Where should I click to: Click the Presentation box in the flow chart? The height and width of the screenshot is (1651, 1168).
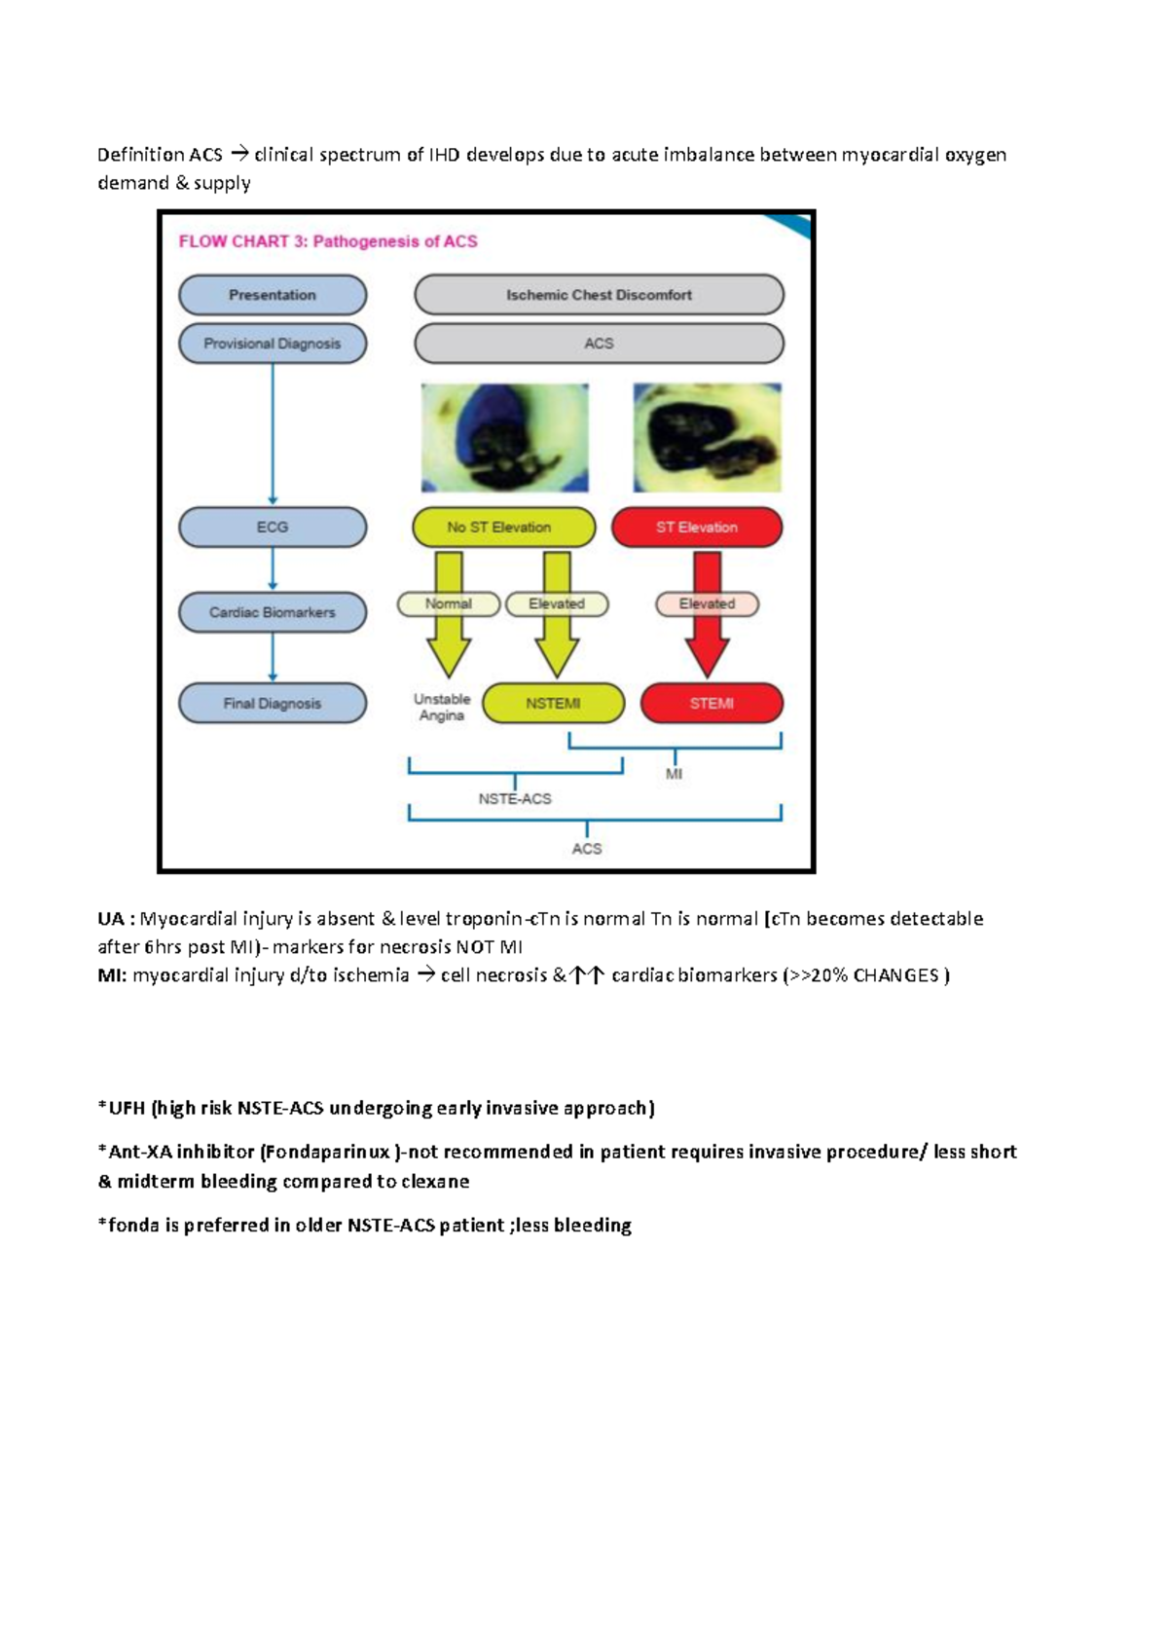coord(273,295)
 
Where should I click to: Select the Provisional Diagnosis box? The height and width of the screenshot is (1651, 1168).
coord(273,344)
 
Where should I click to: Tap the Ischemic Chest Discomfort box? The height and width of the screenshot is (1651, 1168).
coord(599,295)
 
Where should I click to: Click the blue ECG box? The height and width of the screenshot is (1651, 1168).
coord(273,527)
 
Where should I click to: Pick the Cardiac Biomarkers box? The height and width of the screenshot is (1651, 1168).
coord(273,612)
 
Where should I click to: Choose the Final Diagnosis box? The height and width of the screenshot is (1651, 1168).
coord(273,703)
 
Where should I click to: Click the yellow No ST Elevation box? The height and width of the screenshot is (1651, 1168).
coord(503,527)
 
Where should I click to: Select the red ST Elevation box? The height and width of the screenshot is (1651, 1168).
coord(697,527)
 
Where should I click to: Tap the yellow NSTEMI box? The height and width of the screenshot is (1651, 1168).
coord(553,703)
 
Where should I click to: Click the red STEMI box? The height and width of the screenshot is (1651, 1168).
coord(712,703)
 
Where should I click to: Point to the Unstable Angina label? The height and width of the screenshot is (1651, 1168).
coord(442,708)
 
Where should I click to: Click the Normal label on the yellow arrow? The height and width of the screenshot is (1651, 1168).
coord(449,604)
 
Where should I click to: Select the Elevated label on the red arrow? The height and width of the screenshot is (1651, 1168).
coord(707,604)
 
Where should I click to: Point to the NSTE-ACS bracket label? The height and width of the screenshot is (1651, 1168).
coord(515,799)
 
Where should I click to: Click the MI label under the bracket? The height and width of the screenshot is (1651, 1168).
coord(674,775)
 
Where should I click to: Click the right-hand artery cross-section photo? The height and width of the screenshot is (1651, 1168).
coord(707,438)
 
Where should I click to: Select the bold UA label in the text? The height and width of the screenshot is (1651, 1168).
coord(111,919)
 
